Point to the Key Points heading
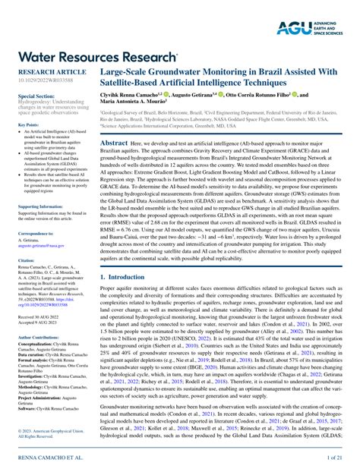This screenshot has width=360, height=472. (28, 124)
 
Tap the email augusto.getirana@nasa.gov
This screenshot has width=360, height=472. (43, 247)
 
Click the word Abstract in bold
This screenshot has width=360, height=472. (114, 143)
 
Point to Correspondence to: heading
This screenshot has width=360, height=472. (36, 234)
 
